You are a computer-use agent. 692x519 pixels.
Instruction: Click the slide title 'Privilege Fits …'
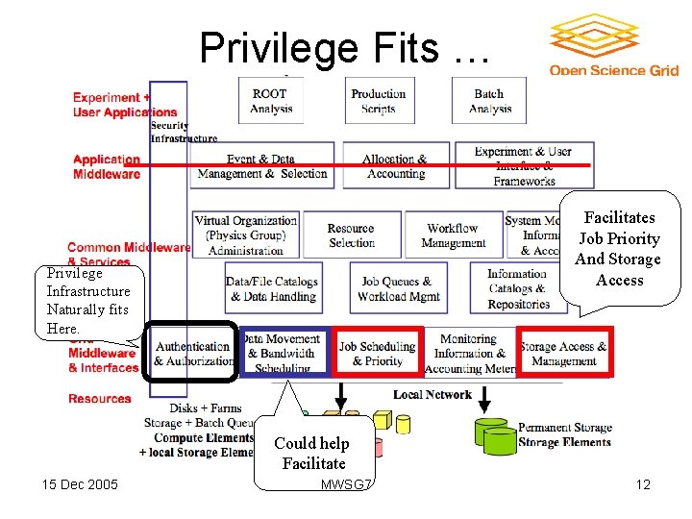[343, 47]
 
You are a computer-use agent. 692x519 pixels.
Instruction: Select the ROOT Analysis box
[271, 101]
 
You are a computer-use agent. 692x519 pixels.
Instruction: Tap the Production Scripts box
[378, 101]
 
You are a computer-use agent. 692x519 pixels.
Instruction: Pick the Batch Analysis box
[489, 101]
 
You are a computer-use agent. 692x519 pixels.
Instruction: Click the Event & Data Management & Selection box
[261, 166]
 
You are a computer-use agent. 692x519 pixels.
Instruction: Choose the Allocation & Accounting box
[395, 166]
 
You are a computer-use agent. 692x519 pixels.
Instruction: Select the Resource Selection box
[351, 235]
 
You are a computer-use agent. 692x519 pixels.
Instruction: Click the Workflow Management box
[453, 235]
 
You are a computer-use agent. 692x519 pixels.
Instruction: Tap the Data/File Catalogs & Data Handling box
[272, 289]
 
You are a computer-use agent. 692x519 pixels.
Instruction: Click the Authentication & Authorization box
[192, 354]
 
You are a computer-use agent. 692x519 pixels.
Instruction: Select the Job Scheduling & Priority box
[377, 353]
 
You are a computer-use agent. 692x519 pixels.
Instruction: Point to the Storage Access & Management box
[563, 354]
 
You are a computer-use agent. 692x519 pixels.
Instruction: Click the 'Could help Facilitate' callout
[313, 453]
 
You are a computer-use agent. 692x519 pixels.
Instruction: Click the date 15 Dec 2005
[80, 483]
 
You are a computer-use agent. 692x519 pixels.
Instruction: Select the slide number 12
[643, 483]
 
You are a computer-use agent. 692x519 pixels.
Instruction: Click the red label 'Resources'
[100, 399]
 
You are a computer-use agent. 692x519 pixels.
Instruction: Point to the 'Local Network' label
[432, 394]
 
